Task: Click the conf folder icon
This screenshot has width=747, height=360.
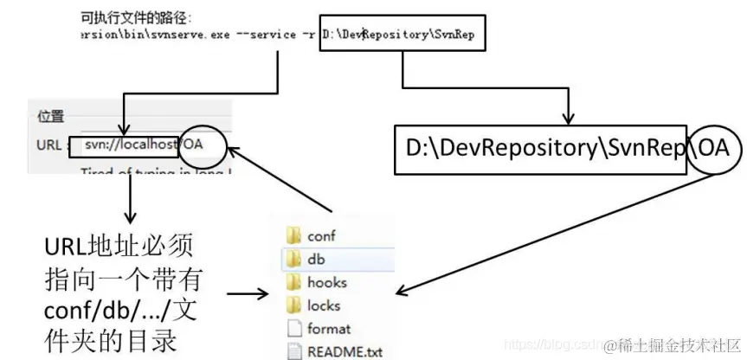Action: click(291, 235)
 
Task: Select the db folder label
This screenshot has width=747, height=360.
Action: click(316, 259)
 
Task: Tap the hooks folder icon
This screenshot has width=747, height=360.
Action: click(291, 282)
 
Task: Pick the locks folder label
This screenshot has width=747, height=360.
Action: click(324, 305)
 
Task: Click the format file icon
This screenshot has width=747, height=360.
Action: click(292, 329)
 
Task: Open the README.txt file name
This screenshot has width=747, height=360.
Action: click(344, 352)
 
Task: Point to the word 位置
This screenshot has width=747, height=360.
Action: click(51, 117)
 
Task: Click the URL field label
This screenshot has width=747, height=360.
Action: click(48, 145)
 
